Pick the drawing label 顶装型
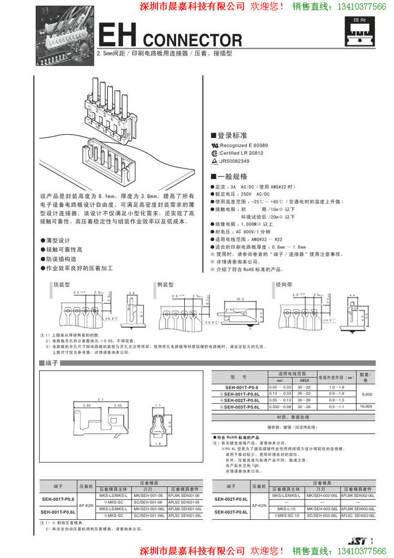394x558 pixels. [62, 284]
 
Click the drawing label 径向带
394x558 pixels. [284, 284]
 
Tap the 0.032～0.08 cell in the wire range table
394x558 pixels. [280, 407]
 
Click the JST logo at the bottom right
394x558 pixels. [357, 541]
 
